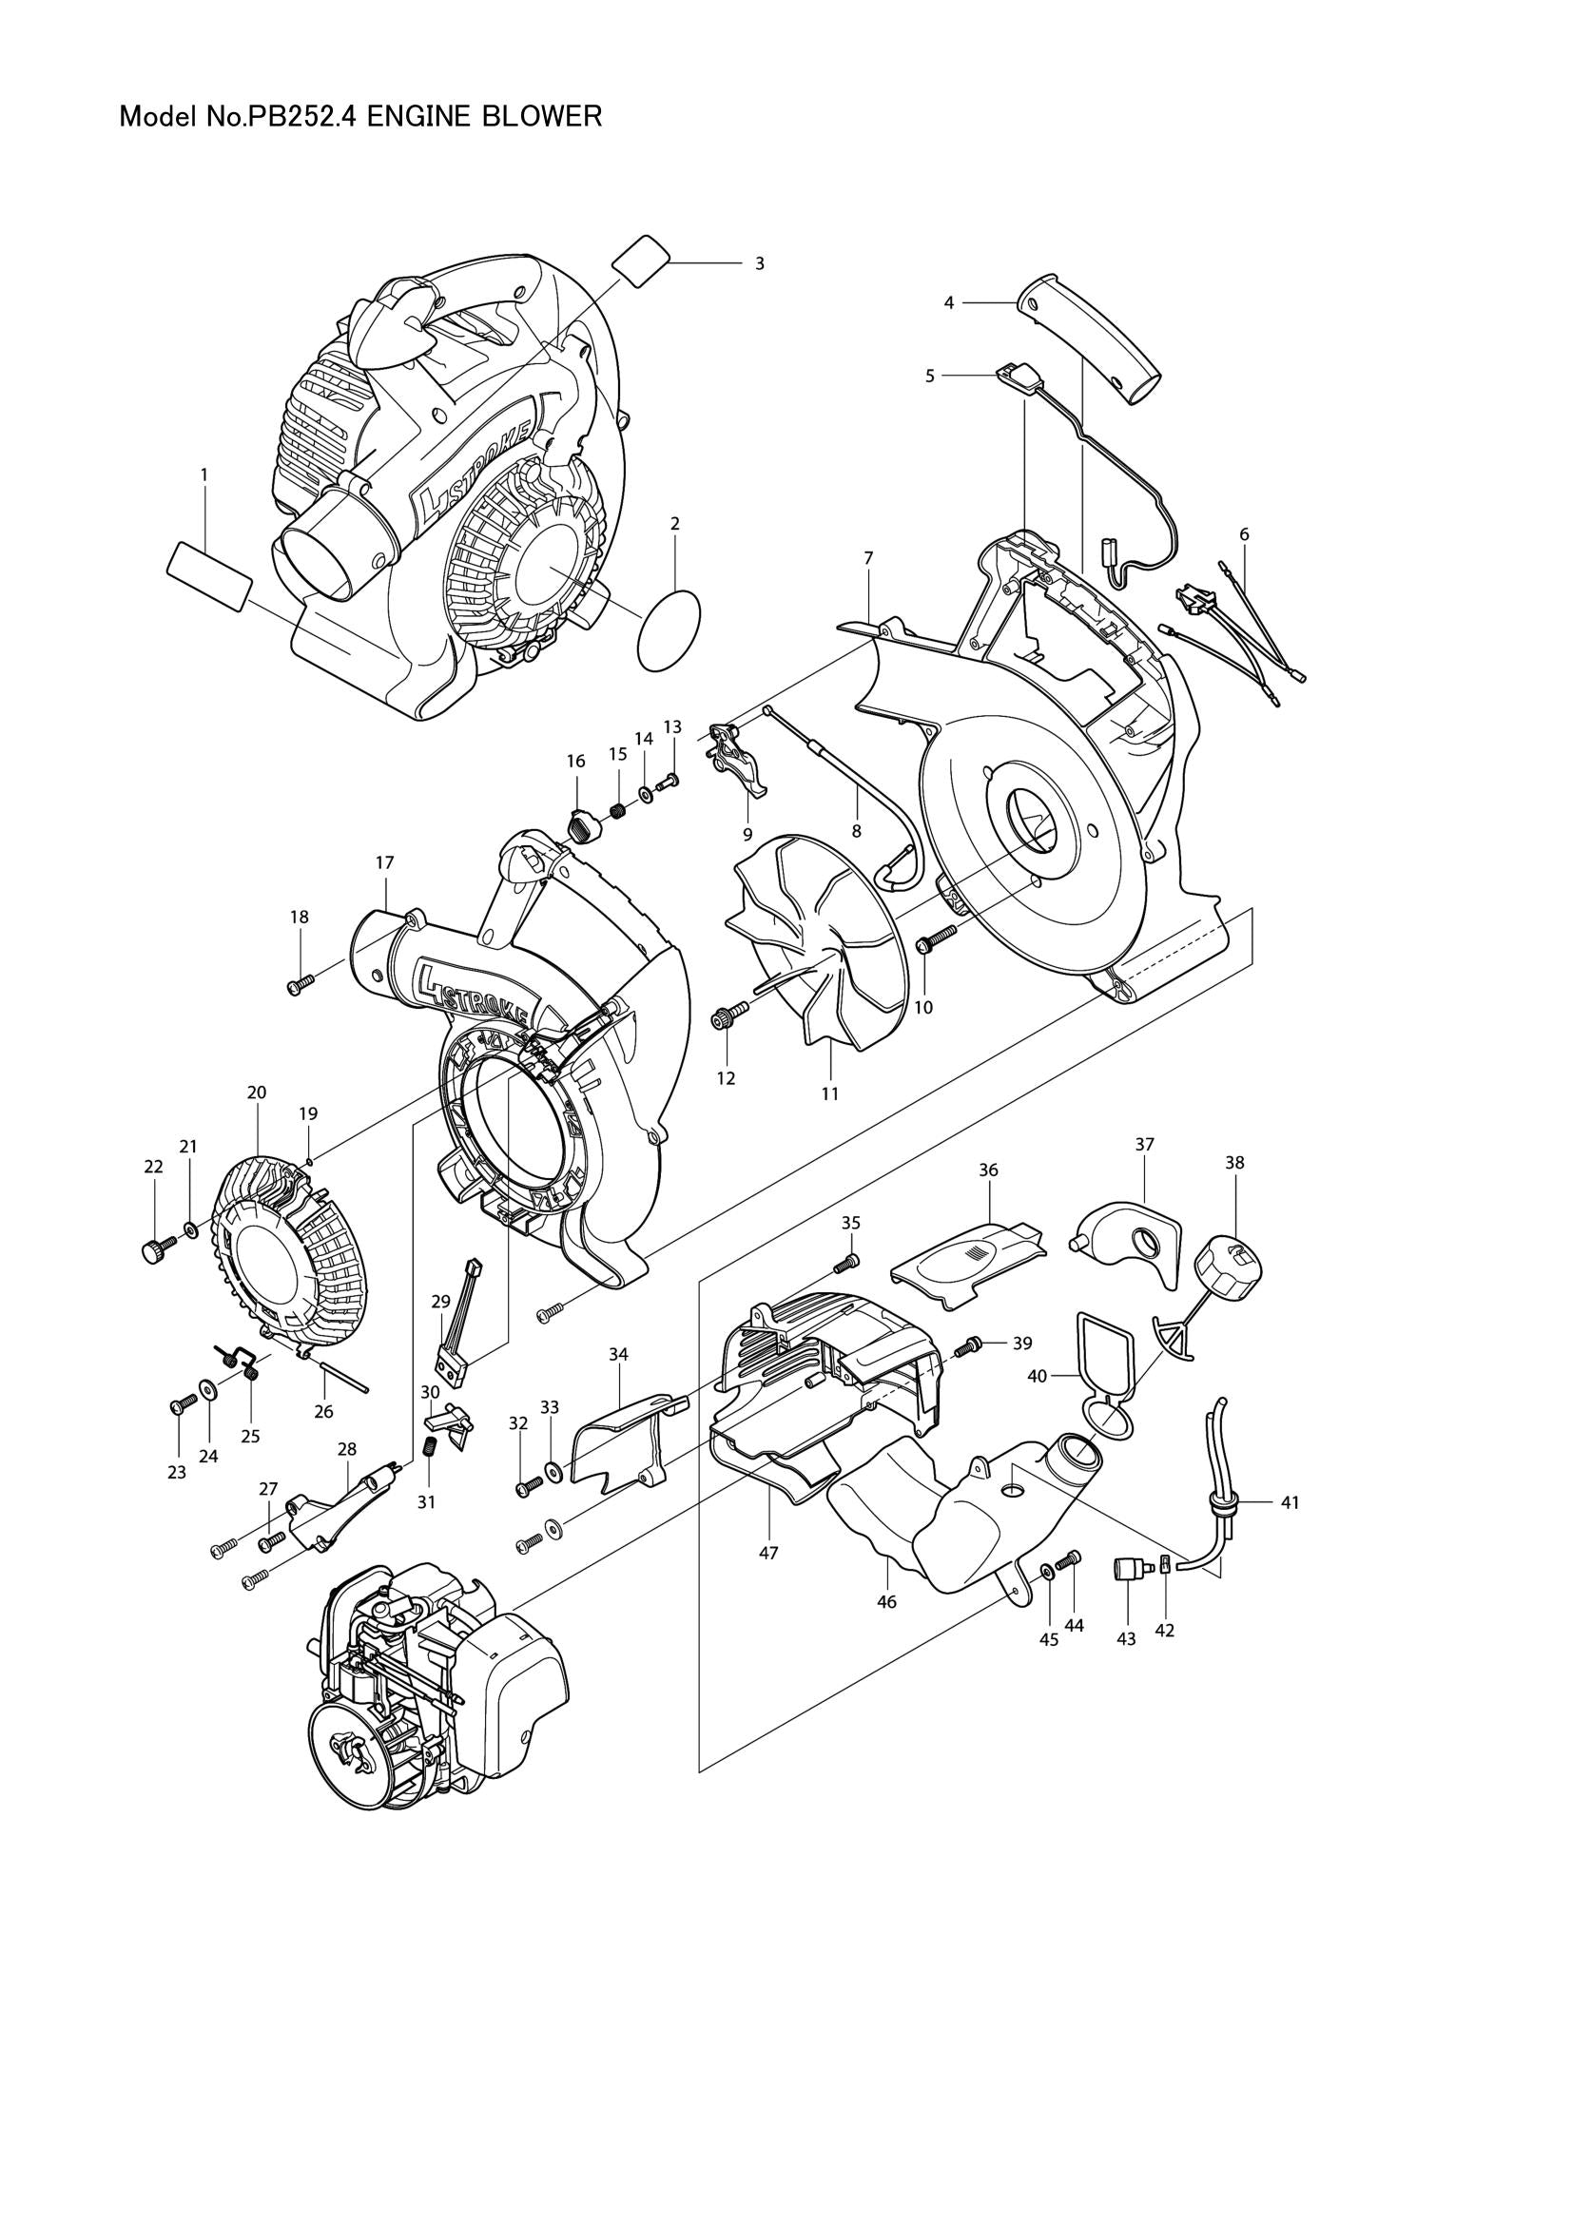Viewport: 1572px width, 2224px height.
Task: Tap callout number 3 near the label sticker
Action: coord(759,262)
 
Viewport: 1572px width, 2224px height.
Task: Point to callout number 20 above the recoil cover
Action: coord(256,1092)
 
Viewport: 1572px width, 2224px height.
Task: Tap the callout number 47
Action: coord(768,1552)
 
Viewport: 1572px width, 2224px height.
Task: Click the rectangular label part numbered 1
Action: coord(209,577)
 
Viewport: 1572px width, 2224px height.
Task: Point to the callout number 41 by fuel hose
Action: coord(1290,1502)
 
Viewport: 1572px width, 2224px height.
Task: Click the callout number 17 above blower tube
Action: coord(384,861)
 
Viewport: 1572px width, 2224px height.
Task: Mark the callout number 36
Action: coord(988,1170)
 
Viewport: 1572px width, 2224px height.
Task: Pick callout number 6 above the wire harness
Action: coord(1244,533)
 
